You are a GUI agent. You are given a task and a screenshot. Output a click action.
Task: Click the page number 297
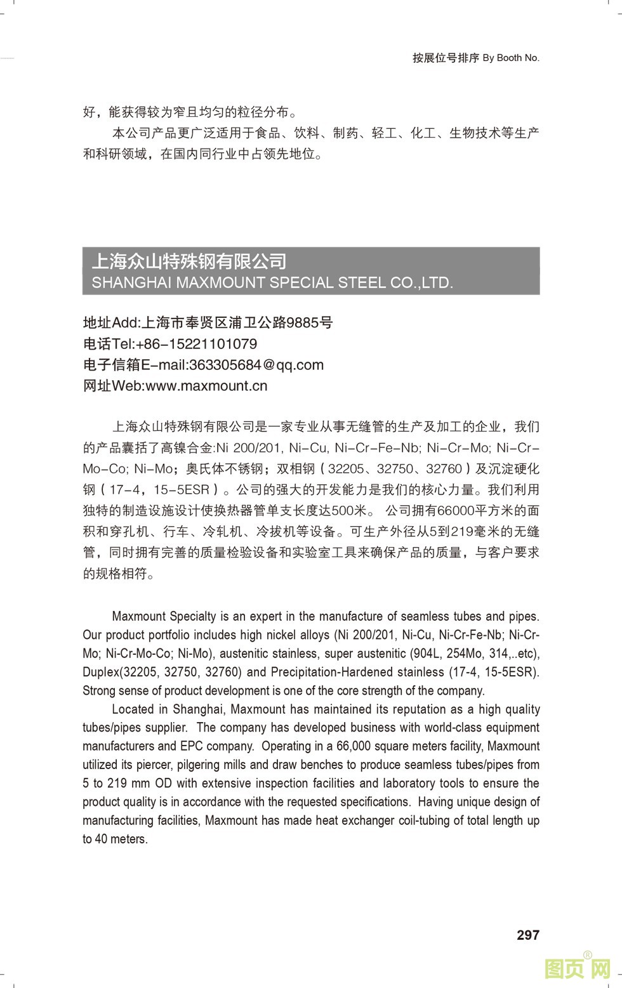coord(527,935)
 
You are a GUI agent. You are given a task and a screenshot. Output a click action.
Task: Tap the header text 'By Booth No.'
coord(511,58)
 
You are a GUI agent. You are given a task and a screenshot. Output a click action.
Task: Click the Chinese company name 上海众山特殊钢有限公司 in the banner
coord(189,261)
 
